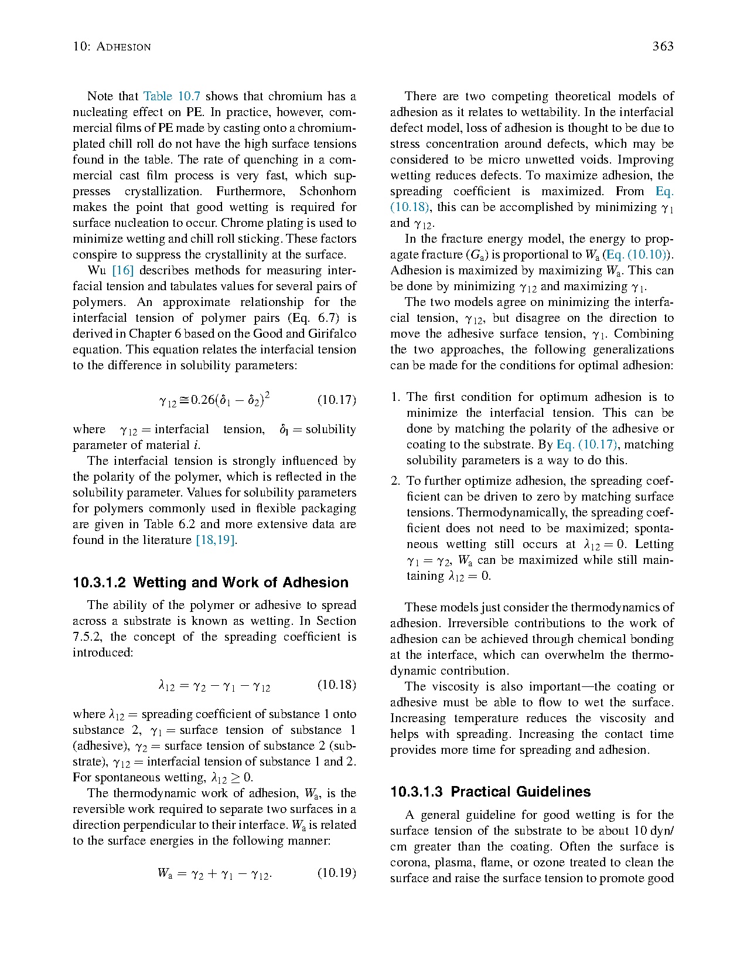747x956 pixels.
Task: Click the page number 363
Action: [663, 46]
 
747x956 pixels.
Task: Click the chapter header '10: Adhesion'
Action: [111, 46]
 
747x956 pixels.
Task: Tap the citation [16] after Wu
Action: [123, 270]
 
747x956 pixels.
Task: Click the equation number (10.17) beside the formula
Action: [336, 400]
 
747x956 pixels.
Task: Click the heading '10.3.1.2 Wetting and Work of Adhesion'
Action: [210, 583]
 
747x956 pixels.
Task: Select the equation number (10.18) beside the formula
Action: [336, 685]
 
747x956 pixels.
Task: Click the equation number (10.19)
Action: [336, 873]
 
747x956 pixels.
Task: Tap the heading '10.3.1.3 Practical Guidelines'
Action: [490, 792]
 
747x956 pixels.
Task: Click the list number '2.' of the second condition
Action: [395, 481]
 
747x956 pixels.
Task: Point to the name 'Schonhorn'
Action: [328, 191]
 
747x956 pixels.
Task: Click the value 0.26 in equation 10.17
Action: [203, 400]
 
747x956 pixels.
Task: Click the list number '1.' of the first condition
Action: [395, 397]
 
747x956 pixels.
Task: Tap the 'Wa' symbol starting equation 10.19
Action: [164, 873]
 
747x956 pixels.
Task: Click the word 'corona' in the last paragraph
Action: [409, 862]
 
